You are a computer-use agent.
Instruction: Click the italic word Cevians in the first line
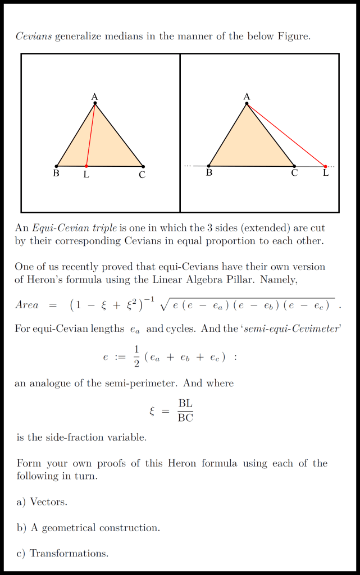[34, 36]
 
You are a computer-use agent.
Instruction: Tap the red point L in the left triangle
[86, 166]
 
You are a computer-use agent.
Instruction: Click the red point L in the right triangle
[325, 166]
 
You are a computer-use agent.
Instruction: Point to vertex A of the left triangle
[95, 103]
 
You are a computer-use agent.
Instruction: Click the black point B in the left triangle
[57, 166]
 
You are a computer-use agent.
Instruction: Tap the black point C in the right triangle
[294, 166]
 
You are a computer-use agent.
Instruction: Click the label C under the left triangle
[142, 175]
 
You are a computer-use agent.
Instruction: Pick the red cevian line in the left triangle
[90, 135]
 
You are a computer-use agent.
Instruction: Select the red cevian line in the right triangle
[286, 135]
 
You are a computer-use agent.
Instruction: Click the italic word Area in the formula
[27, 305]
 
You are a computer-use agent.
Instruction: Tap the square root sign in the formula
[165, 305]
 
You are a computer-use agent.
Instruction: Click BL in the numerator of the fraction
[185, 404]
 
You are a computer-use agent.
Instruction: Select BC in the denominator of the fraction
[185, 417]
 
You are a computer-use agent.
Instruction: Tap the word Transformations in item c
[69, 554]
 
